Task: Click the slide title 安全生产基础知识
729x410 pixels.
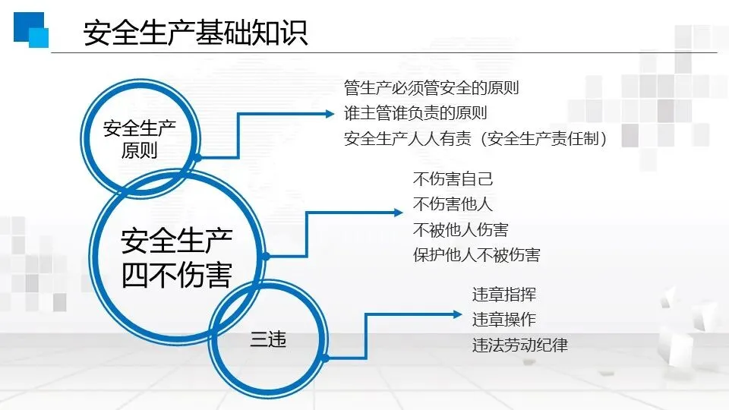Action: click(195, 33)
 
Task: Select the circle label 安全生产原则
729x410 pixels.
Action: click(139, 137)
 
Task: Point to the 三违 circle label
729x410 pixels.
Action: click(268, 341)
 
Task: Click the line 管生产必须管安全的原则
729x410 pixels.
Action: click(431, 88)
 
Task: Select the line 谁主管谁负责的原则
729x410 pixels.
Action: click(415, 113)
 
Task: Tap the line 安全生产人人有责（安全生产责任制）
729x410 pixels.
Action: click(480, 138)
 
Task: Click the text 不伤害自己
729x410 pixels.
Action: click(453, 180)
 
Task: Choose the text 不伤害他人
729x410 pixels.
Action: click(453, 204)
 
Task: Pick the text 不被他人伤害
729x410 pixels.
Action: click(460, 229)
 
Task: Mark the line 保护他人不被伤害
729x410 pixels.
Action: click(476, 254)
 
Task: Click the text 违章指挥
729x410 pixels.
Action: click(504, 295)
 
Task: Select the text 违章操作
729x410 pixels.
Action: click(504, 320)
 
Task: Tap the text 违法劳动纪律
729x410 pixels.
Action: click(519, 345)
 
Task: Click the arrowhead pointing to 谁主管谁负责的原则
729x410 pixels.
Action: click(330, 114)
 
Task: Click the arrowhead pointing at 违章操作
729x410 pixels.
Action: click(457, 314)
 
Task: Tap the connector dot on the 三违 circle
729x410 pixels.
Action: click(325, 357)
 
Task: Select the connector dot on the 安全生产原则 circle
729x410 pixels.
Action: click(197, 157)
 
